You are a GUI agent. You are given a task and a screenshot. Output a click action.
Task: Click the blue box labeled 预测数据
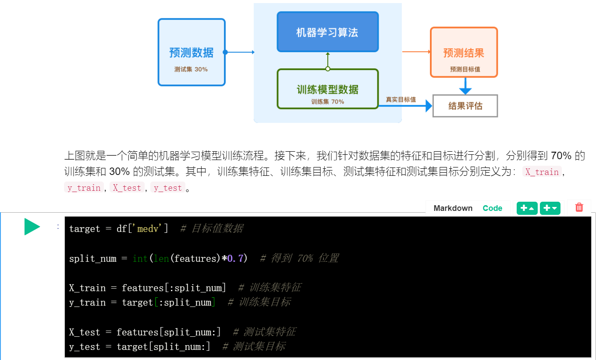point(192,52)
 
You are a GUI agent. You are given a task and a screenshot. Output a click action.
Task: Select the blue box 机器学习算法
point(327,32)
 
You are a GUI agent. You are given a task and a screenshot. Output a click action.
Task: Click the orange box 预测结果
point(464,53)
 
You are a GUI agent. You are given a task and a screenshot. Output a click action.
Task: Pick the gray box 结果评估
point(465,106)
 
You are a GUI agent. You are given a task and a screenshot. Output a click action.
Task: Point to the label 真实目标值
point(401,100)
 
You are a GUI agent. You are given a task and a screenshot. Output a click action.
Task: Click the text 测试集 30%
point(191,69)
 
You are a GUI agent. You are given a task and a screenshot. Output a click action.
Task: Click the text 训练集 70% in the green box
point(327,102)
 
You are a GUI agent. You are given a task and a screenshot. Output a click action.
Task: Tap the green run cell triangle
point(32,227)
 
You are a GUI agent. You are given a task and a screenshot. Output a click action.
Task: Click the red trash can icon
point(579,207)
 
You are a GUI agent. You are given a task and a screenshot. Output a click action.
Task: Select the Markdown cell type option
point(453,208)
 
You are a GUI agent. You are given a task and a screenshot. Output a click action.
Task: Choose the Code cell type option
point(492,208)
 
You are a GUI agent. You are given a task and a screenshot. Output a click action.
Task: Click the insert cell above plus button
point(527,208)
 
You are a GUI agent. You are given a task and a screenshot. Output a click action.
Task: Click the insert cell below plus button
point(550,208)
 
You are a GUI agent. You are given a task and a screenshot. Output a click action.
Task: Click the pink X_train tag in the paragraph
point(542,172)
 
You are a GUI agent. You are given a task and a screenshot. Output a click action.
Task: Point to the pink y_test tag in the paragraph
point(167,188)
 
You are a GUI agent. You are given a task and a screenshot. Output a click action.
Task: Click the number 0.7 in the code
point(235,258)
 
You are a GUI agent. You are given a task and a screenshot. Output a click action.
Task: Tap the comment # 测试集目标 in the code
point(254,346)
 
